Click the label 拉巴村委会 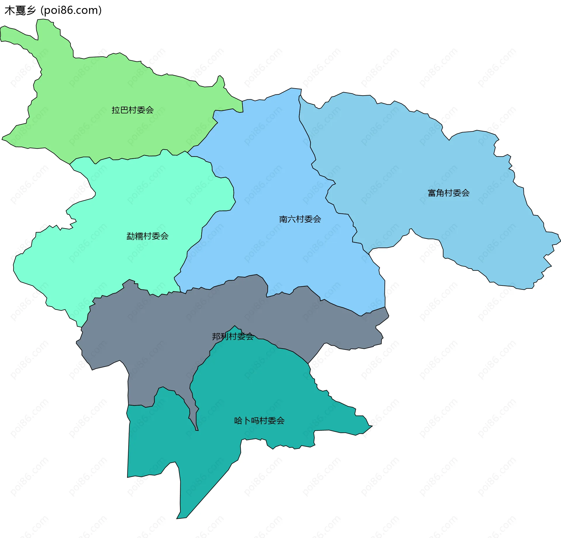click(x=133, y=110)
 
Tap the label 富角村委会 click(x=449, y=193)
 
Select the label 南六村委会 click(x=300, y=219)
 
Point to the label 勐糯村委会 click(x=148, y=236)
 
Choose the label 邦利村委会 click(x=233, y=337)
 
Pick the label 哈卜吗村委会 click(x=259, y=421)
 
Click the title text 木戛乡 click(x=20, y=11)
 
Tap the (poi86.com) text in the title click(x=71, y=11)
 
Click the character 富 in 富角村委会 click(x=432, y=193)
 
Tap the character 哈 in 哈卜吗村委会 click(x=238, y=421)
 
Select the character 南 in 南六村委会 click(x=283, y=219)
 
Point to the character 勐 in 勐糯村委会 click(x=131, y=236)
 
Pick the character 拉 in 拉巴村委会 click(x=116, y=110)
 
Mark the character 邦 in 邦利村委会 click(x=216, y=337)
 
